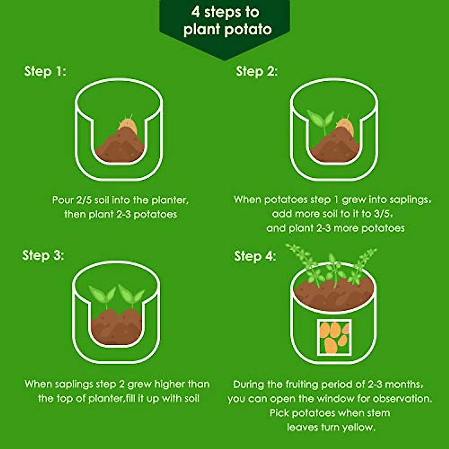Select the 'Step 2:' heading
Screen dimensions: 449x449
click(x=257, y=71)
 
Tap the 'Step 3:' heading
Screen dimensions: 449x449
click(x=43, y=255)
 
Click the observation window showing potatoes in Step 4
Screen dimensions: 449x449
click(x=334, y=337)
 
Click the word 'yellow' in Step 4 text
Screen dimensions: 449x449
click(x=358, y=427)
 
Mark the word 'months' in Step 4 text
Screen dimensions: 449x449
click(x=404, y=384)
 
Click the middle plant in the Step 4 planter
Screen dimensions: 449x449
click(x=333, y=269)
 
